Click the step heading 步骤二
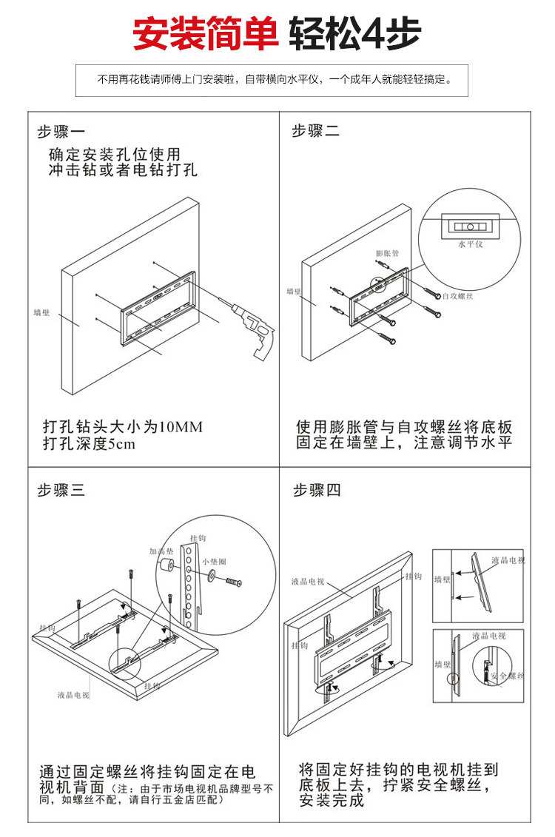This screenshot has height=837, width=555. point(316,132)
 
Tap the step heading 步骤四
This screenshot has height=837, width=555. point(317,490)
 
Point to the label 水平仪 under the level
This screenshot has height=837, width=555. point(470,244)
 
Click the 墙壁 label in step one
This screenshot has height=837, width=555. point(42,312)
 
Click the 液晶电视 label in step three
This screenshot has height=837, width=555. point(73,695)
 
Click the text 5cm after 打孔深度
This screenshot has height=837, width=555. point(122,445)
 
